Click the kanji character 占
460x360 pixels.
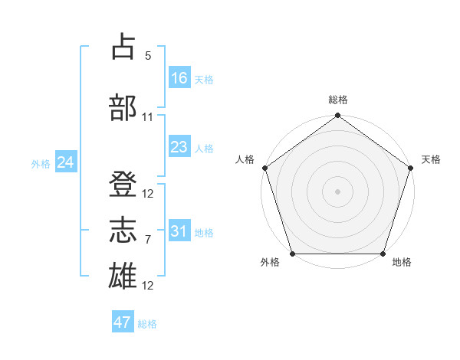tap(123, 47)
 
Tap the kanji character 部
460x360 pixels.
tap(123, 107)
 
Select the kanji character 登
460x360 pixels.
tap(123, 184)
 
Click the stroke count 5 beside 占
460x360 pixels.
tap(148, 56)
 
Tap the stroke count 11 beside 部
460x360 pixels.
tap(148, 117)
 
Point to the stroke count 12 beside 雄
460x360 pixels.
tap(148, 286)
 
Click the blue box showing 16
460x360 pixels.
tap(179, 78)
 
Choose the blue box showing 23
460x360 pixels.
tap(179, 147)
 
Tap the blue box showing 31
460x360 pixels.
tap(179, 231)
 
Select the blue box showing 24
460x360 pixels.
tap(65, 162)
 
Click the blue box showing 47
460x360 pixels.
tap(123, 322)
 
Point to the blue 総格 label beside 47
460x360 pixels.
tap(147, 324)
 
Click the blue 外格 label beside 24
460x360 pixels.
tap(41, 164)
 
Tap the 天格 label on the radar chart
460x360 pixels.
tap(431, 159)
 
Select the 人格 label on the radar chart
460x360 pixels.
tap(245, 159)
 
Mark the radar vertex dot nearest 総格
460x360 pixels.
tap(337, 116)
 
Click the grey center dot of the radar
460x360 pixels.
tap(337, 191)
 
